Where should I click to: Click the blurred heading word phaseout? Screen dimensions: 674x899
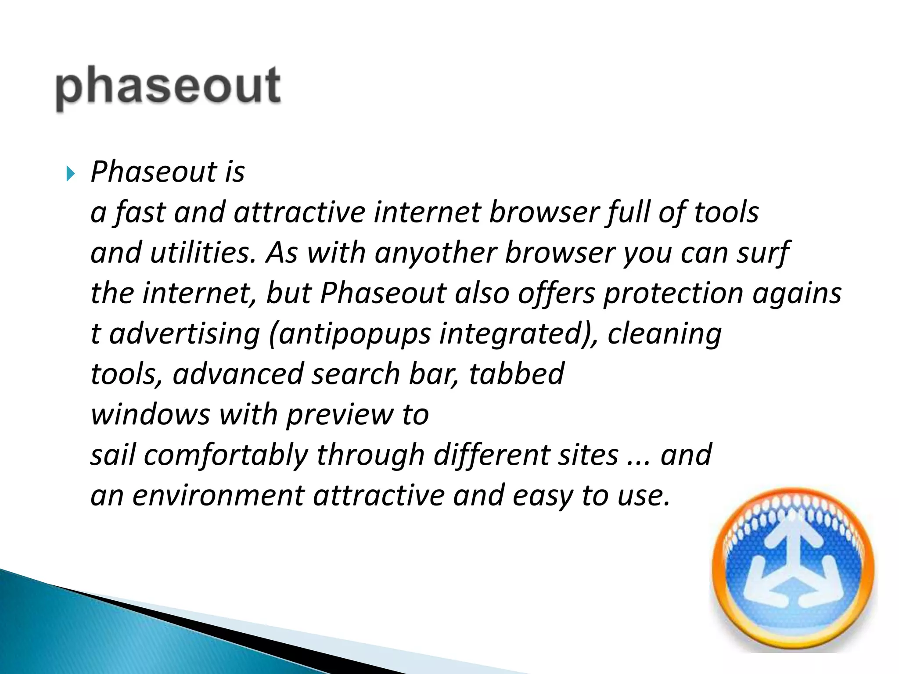pos(168,86)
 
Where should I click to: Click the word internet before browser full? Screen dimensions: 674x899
pos(428,212)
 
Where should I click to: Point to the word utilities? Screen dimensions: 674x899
pos(203,253)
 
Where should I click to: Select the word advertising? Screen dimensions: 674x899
pos(184,333)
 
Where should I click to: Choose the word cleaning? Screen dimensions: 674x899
pos(664,333)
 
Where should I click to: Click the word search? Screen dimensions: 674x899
pos(356,374)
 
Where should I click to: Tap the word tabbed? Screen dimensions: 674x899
pos(516,374)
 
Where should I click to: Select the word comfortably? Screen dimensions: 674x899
pos(226,455)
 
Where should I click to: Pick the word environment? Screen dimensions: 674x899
pos(218,496)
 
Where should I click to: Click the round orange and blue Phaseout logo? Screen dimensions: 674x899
pos(793,569)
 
